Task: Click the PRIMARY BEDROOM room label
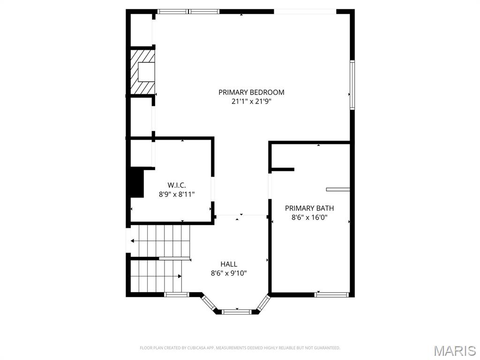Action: (x=251, y=92)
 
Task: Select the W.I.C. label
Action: (x=173, y=185)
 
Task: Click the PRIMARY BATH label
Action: (x=309, y=208)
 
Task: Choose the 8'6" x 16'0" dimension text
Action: (x=309, y=217)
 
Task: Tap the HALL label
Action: (x=229, y=264)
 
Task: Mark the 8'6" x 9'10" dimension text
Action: (x=229, y=273)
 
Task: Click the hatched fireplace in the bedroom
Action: (x=142, y=72)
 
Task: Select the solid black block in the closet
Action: (x=136, y=183)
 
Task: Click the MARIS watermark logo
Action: (x=454, y=351)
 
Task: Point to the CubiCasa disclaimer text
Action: (x=240, y=348)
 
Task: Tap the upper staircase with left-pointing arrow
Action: (x=159, y=240)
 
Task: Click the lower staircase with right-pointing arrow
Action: (x=156, y=276)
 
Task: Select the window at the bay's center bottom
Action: (x=237, y=311)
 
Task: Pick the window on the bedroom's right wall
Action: (x=352, y=85)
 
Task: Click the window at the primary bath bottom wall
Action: (x=331, y=295)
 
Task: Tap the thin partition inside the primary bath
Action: (x=338, y=189)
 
